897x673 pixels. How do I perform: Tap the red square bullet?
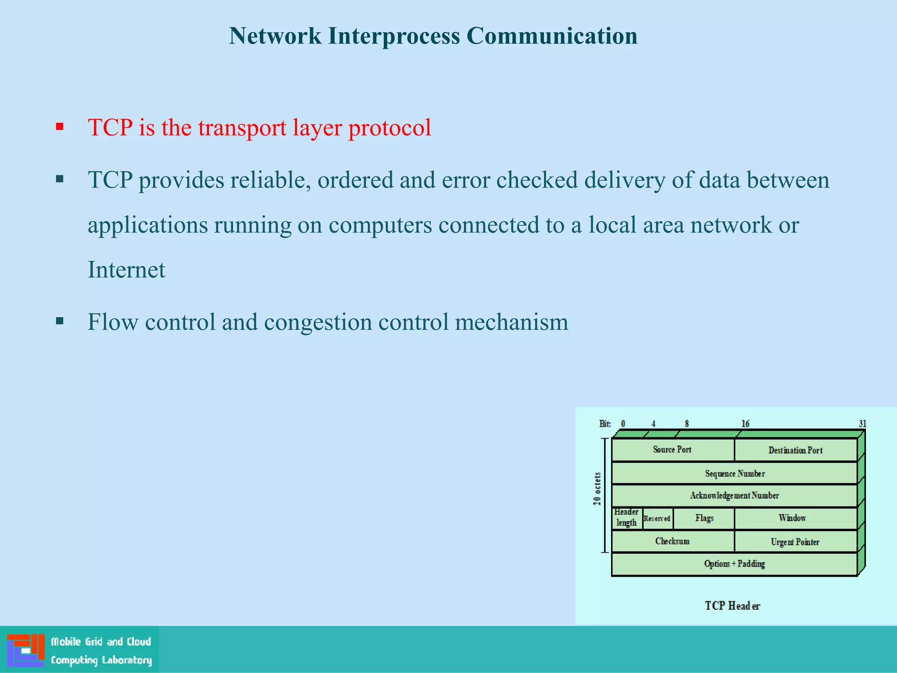point(60,128)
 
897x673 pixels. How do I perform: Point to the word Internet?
point(126,269)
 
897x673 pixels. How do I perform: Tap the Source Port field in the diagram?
point(672,450)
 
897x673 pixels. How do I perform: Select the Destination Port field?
point(795,450)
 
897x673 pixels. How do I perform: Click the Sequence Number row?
point(735,474)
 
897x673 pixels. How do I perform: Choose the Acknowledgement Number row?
point(735,496)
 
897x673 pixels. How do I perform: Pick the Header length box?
point(626,518)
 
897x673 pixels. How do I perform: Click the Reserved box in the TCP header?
point(657,519)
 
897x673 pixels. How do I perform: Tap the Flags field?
point(704,518)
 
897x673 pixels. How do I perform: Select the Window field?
point(792,518)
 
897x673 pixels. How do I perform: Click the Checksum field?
point(672,542)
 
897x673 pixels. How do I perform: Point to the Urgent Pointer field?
point(795,542)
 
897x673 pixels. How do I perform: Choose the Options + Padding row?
point(735,564)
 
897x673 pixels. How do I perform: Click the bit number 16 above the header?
point(745,424)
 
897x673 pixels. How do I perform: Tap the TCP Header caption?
point(732,606)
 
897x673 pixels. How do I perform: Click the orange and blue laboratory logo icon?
point(26,650)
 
